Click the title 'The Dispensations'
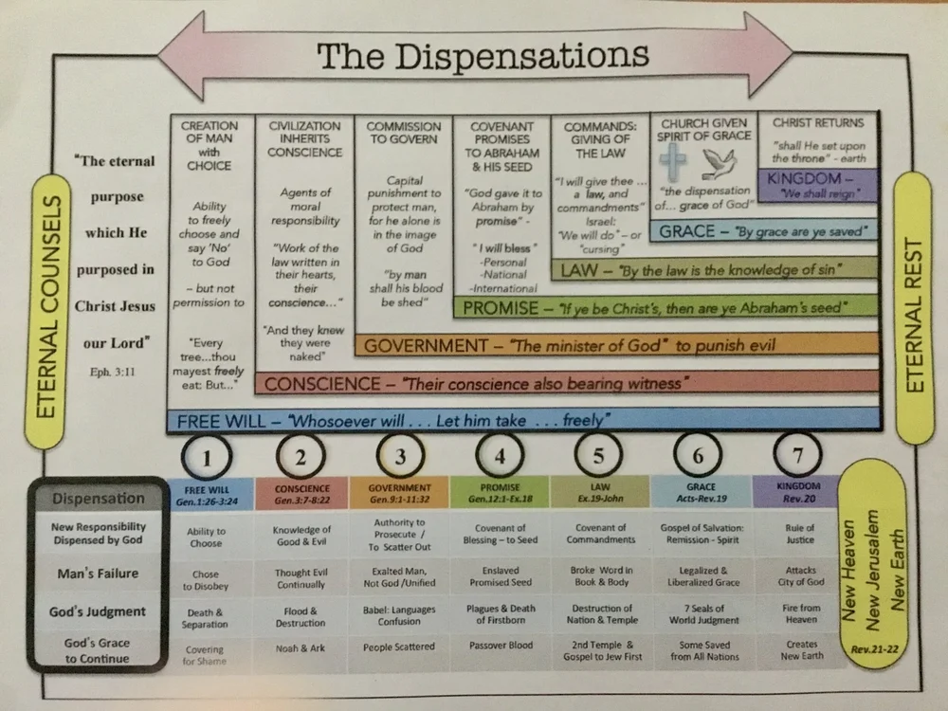click(483, 56)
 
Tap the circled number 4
click(500, 456)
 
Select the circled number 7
click(798, 455)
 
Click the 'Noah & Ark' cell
click(301, 648)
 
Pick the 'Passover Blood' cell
click(499, 647)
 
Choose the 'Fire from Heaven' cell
click(798, 613)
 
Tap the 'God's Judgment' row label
click(98, 611)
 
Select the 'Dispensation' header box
click(98, 498)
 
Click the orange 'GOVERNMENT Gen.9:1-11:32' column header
click(400, 493)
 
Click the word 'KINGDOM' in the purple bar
click(800, 178)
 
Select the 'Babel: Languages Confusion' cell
click(399, 614)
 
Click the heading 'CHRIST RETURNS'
click(818, 122)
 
